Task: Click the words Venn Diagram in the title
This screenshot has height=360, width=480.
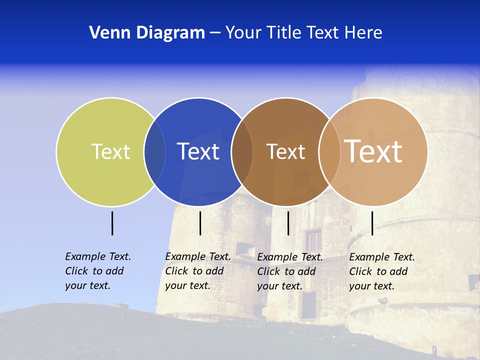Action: click(x=147, y=33)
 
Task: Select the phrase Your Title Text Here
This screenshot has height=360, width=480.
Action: click(x=303, y=33)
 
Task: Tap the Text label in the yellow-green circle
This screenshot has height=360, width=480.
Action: click(x=110, y=151)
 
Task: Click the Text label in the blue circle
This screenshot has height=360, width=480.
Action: click(x=198, y=151)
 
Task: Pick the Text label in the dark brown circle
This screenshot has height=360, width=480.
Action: click(x=285, y=152)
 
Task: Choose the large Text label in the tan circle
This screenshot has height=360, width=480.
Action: click(x=373, y=151)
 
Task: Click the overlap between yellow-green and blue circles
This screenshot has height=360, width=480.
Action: click(x=154, y=151)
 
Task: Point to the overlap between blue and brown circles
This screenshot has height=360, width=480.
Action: click(x=242, y=151)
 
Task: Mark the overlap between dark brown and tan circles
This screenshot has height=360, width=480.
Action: click(x=328, y=151)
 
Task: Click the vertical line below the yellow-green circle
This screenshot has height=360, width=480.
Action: click(x=112, y=223)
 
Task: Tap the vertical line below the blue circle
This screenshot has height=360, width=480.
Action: click(x=200, y=223)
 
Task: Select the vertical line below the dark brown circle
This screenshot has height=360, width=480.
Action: click(x=288, y=223)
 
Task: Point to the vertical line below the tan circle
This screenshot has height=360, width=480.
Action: click(x=372, y=223)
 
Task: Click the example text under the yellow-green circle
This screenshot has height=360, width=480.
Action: click(x=98, y=271)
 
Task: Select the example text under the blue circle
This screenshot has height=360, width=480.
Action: click(x=198, y=271)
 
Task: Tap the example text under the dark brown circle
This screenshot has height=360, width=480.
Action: click(x=290, y=271)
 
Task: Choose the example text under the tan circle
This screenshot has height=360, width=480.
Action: click(x=382, y=271)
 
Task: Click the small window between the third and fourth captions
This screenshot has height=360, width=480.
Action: click(x=313, y=240)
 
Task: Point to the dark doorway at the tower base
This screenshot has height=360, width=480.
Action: click(x=308, y=305)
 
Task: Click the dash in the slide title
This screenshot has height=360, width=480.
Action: click(x=215, y=33)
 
